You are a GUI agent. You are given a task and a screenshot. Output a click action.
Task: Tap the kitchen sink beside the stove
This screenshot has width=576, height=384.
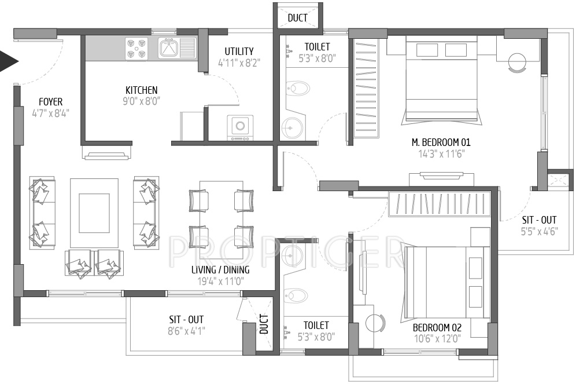(x=169, y=48)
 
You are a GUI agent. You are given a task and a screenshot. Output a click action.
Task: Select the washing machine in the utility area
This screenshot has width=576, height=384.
(x=239, y=127)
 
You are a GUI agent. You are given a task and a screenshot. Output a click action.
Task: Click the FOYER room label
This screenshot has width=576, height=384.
(x=50, y=103)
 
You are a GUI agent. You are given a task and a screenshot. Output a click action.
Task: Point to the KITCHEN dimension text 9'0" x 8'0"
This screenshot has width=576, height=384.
(x=141, y=101)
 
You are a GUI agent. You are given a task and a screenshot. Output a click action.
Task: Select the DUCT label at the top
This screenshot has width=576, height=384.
(x=297, y=18)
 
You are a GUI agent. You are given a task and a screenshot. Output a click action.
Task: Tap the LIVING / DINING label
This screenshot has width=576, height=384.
(x=220, y=270)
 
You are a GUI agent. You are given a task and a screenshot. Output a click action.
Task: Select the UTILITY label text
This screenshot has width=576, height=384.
(x=239, y=52)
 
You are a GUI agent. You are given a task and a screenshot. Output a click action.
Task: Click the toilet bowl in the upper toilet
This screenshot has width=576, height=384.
(x=298, y=88)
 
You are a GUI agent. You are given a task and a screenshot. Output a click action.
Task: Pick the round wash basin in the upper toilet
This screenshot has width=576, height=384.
(x=291, y=126)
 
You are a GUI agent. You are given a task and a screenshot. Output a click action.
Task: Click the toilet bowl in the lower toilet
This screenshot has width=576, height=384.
(x=296, y=296)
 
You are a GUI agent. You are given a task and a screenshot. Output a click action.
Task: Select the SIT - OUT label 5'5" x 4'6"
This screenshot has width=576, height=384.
(x=539, y=220)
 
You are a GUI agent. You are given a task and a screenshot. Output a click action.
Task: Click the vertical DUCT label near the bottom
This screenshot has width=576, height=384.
(x=264, y=324)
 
